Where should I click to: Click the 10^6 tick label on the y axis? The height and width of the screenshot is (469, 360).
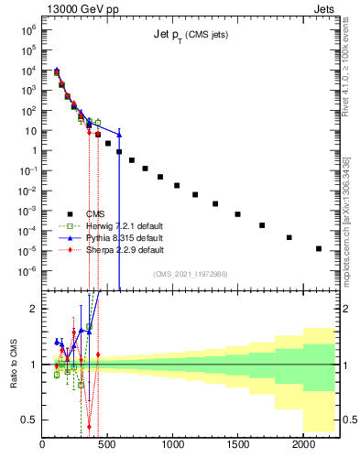(x=27, y=30)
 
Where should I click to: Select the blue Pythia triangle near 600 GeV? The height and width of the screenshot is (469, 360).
(x=120, y=134)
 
